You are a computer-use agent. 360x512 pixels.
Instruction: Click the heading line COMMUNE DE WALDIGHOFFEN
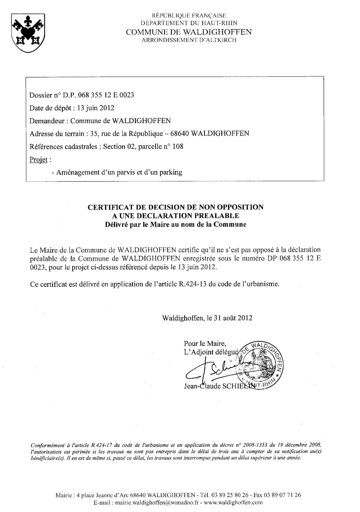[189, 32]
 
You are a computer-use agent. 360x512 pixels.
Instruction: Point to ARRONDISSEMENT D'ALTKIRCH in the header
[189, 40]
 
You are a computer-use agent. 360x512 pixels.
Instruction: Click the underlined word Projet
[39, 159]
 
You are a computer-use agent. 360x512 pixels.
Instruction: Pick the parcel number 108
[177, 146]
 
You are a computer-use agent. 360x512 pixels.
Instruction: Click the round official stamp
[261, 364]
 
